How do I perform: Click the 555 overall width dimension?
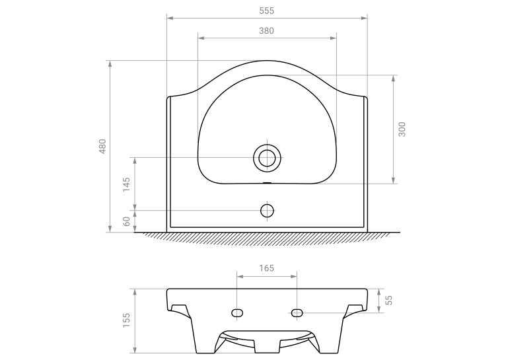coord(267,11)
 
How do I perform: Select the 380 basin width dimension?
coord(267,31)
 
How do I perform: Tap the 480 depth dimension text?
coord(102,146)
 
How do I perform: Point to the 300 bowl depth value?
coord(402,129)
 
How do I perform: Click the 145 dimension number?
coord(127,184)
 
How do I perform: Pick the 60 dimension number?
coord(127,221)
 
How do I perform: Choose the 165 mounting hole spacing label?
coord(267,268)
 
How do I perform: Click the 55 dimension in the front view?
coord(389,301)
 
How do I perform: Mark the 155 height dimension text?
coord(126,320)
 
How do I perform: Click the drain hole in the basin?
coord(267,158)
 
